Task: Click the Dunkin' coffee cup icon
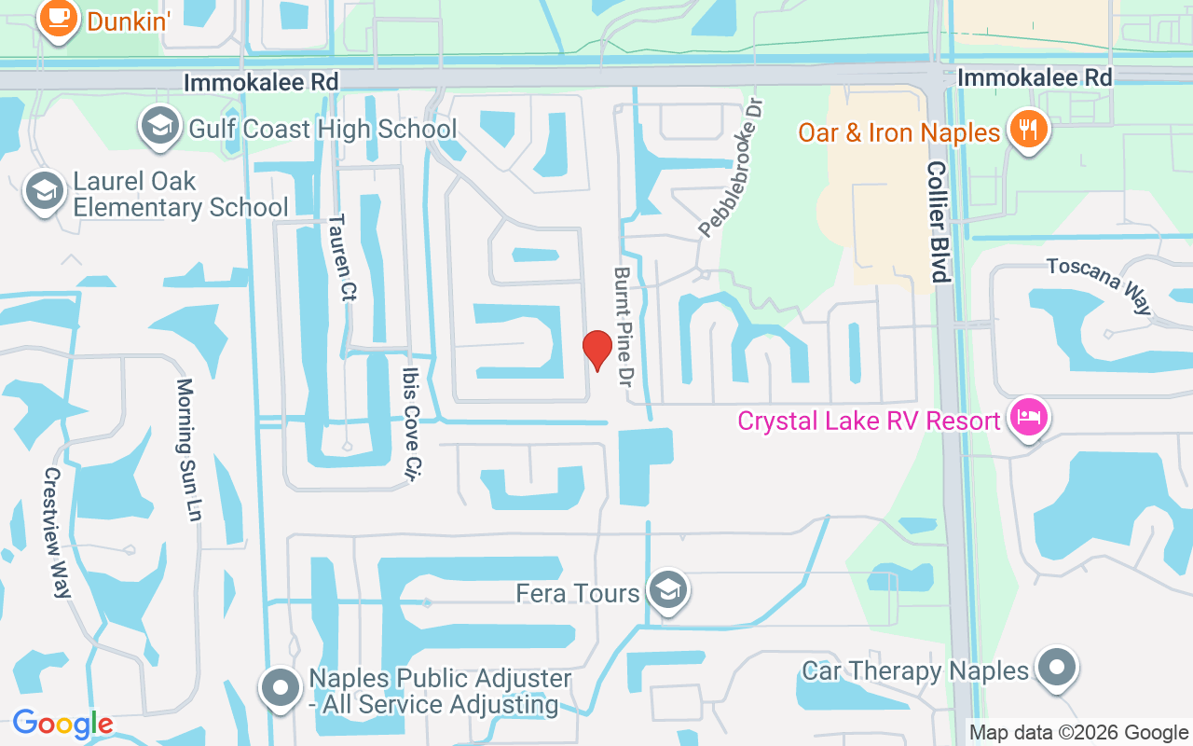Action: (59, 18)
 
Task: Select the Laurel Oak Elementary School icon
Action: (44, 191)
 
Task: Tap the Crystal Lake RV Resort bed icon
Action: (1027, 418)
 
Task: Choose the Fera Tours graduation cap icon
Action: (667, 590)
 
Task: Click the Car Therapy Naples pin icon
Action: (1057, 668)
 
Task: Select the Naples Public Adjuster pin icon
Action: (280, 688)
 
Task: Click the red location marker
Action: (596, 350)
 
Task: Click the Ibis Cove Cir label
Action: (410, 423)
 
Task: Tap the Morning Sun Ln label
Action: (189, 449)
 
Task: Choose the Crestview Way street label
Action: (57, 532)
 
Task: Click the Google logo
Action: (62, 724)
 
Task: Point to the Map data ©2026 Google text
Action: (1078, 733)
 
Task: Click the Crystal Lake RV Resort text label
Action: (869, 421)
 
